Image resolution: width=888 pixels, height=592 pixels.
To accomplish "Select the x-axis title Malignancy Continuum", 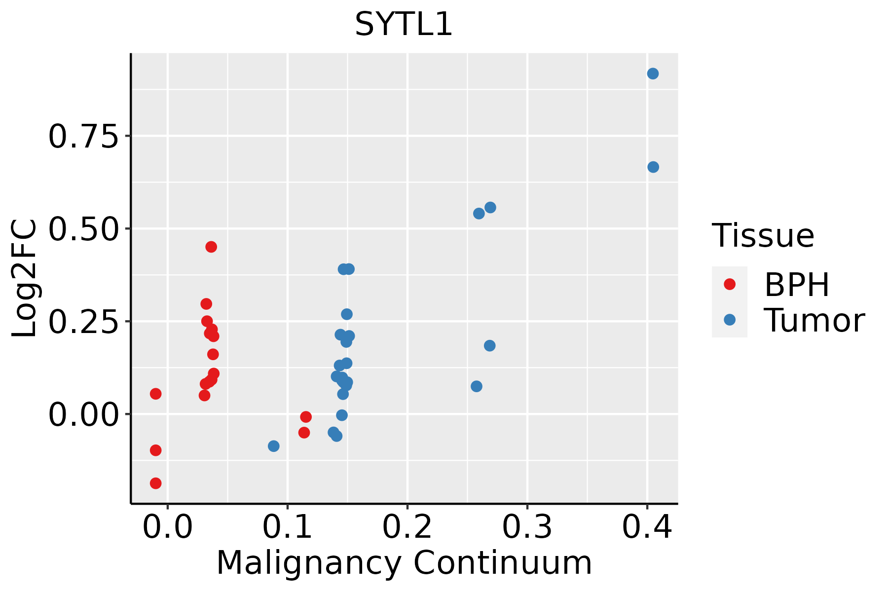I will point(404,563).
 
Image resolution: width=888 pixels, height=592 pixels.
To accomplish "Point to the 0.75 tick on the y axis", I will point(84,136).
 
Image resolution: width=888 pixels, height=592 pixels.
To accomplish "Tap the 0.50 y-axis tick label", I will point(84,229).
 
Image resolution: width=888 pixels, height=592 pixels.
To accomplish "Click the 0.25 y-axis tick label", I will point(84,322).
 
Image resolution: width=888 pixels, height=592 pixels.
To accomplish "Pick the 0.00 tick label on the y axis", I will point(84,414).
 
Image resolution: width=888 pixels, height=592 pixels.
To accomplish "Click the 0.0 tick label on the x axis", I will point(168,527).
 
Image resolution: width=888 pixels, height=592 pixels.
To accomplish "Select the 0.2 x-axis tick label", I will point(407,527).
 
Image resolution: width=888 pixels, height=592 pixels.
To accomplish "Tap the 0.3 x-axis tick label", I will point(527,527).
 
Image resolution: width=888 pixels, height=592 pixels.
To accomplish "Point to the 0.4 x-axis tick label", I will point(647,527).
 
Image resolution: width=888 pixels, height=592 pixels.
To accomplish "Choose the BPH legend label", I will point(797,285).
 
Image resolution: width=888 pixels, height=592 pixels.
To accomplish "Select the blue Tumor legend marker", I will point(729,320).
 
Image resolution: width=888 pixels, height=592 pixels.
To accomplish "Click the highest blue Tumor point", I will point(653,74).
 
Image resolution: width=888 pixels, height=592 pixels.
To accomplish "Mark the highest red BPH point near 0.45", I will point(211,247).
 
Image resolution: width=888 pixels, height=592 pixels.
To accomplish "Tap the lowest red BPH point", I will point(156,483).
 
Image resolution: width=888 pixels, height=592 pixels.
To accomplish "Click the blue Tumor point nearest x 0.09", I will point(274,446).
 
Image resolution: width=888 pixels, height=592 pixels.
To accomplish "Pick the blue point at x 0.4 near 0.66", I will point(653,167).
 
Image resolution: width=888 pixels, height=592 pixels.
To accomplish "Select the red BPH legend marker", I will point(729,284).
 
